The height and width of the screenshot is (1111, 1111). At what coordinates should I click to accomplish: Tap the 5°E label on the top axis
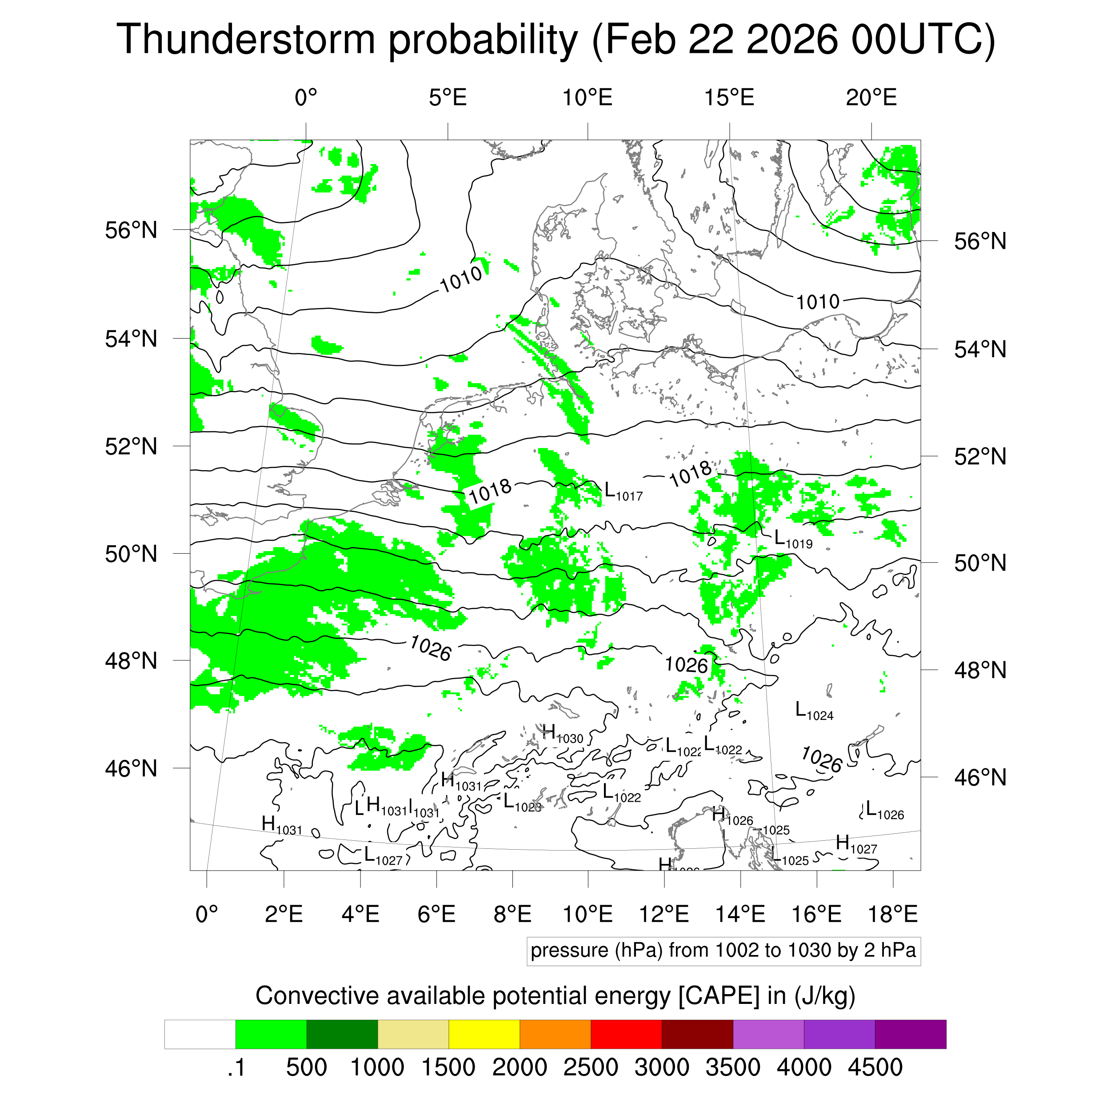pos(448,98)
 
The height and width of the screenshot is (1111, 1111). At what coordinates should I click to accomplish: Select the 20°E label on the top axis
pos(871,98)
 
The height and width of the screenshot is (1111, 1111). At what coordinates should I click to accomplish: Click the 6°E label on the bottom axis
pos(436,914)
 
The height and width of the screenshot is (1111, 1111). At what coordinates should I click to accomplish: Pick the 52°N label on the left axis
pos(131,446)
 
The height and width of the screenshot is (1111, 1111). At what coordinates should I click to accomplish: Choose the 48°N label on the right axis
pos(980,670)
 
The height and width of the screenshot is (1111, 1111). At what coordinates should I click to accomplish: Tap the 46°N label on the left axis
pos(131,768)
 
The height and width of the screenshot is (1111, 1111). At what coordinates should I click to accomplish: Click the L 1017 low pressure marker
pos(623,492)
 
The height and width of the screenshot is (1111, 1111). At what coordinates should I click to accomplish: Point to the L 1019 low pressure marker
pos(793,540)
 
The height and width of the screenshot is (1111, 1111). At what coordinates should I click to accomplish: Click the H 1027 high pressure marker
pos(855,844)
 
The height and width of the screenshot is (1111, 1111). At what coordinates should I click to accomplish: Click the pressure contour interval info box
pos(723,951)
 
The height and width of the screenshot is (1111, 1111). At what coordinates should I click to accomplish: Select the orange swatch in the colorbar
pos(555,1035)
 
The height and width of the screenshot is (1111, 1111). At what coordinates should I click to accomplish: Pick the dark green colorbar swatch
pos(342,1035)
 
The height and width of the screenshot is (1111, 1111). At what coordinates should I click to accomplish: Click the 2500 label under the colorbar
pos(591,1067)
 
